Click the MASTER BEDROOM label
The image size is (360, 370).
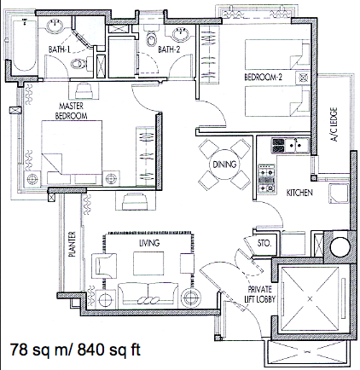click(x=71, y=111)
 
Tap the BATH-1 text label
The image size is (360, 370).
click(x=59, y=49)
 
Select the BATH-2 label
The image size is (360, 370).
click(x=169, y=49)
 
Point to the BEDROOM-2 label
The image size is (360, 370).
click(x=263, y=77)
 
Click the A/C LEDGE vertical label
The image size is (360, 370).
click(x=334, y=124)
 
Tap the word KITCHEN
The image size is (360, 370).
click(x=299, y=193)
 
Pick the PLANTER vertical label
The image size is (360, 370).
click(x=73, y=244)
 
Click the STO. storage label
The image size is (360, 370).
click(x=264, y=243)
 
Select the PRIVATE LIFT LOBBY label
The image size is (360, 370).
click(x=260, y=294)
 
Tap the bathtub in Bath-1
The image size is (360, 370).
click(x=25, y=44)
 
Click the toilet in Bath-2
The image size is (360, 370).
click(x=151, y=37)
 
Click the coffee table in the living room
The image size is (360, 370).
click(x=148, y=263)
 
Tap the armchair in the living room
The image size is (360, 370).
click(x=104, y=266)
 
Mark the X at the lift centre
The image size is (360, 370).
click(x=310, y=298)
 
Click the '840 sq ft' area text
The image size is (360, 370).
click(x=109, y=350)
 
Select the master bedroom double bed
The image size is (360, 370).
click(x=72, y=153)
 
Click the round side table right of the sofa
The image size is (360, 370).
click(x=189, y=298)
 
